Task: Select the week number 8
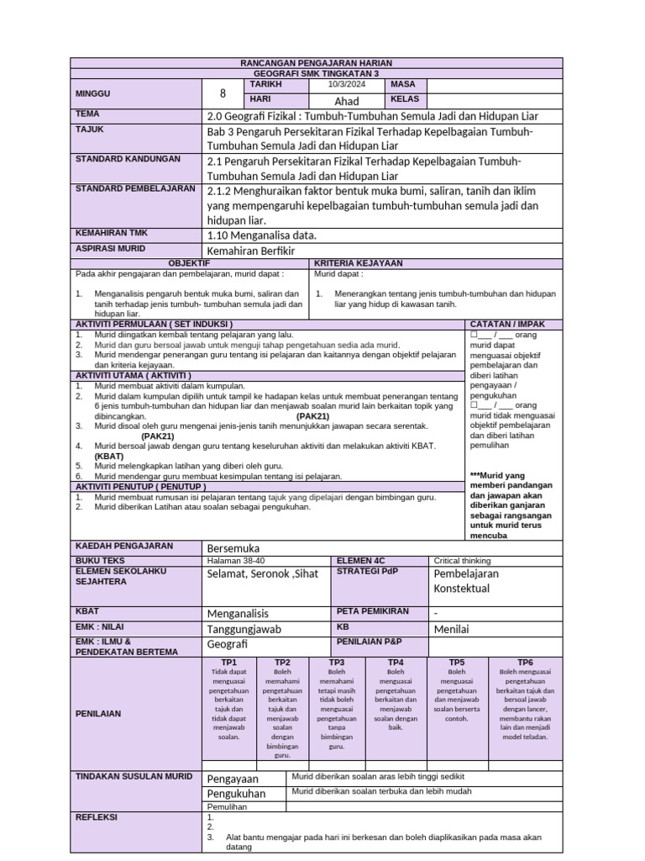223,93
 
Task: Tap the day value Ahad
346,101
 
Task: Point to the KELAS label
405,99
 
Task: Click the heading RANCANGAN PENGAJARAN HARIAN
317,63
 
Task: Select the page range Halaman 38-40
235,560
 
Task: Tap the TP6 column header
525,663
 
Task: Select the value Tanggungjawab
244,628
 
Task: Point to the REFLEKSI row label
97,816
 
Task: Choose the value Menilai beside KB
451,628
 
